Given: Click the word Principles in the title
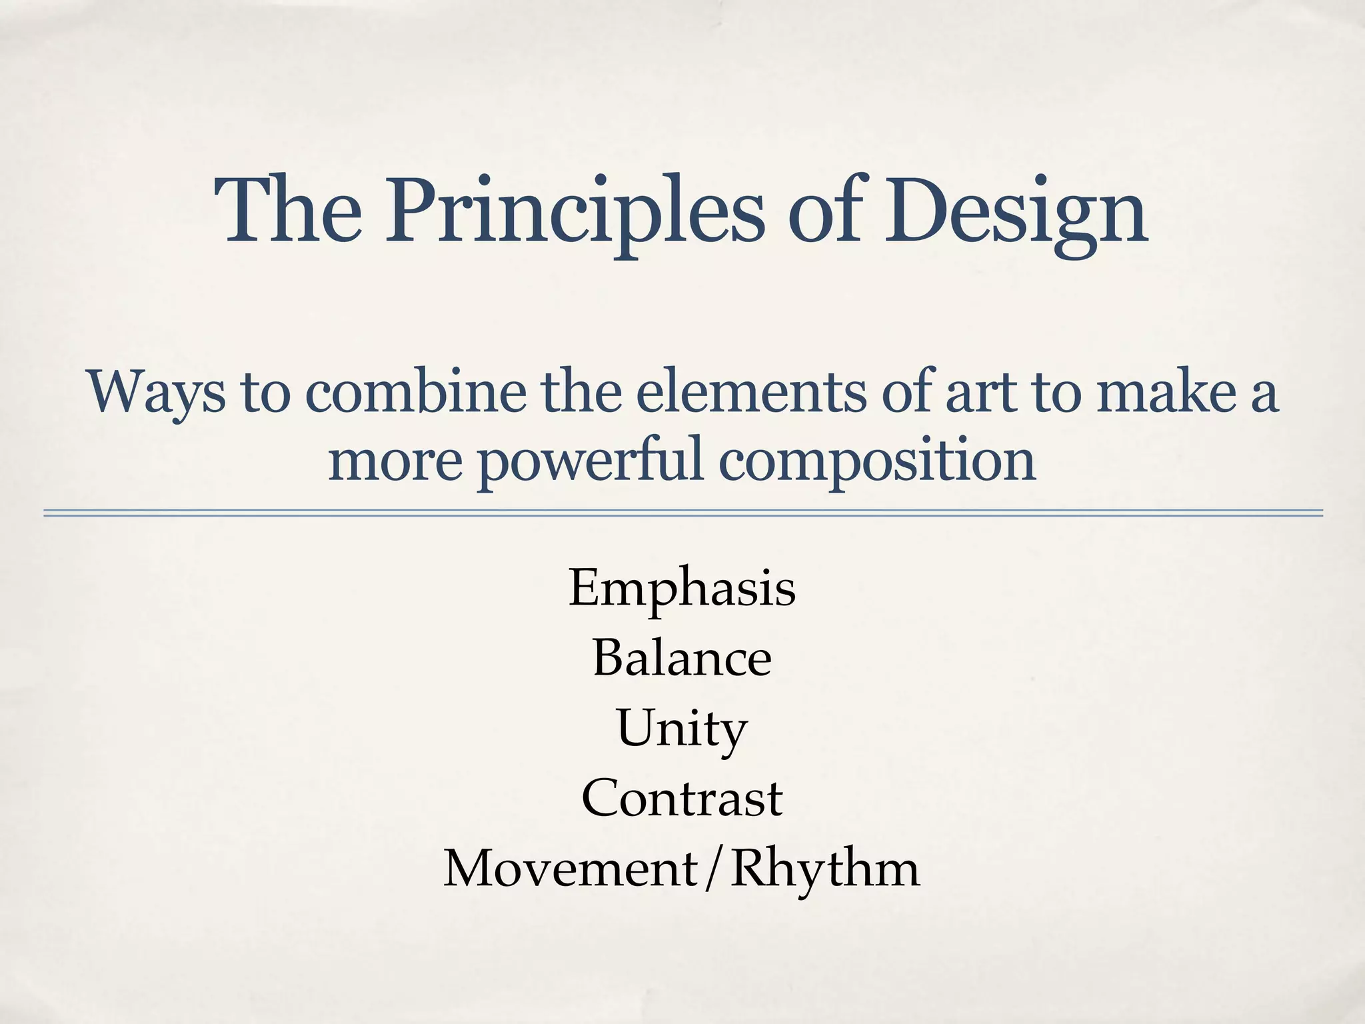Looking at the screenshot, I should (x=574, y=212).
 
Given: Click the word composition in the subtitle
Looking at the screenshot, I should (x=877, y=461).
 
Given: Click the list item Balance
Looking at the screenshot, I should (x=682, y=658).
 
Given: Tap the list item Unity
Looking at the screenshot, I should (x=682, y=729).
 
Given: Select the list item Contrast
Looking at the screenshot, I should (x=682, y=799).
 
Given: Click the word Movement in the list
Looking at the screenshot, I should (x=571, y=869).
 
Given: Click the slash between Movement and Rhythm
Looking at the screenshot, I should (x=714, y=869).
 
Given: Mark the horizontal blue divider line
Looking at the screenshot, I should (x=682, y=513).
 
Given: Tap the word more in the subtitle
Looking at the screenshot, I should (x=395, y=463).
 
